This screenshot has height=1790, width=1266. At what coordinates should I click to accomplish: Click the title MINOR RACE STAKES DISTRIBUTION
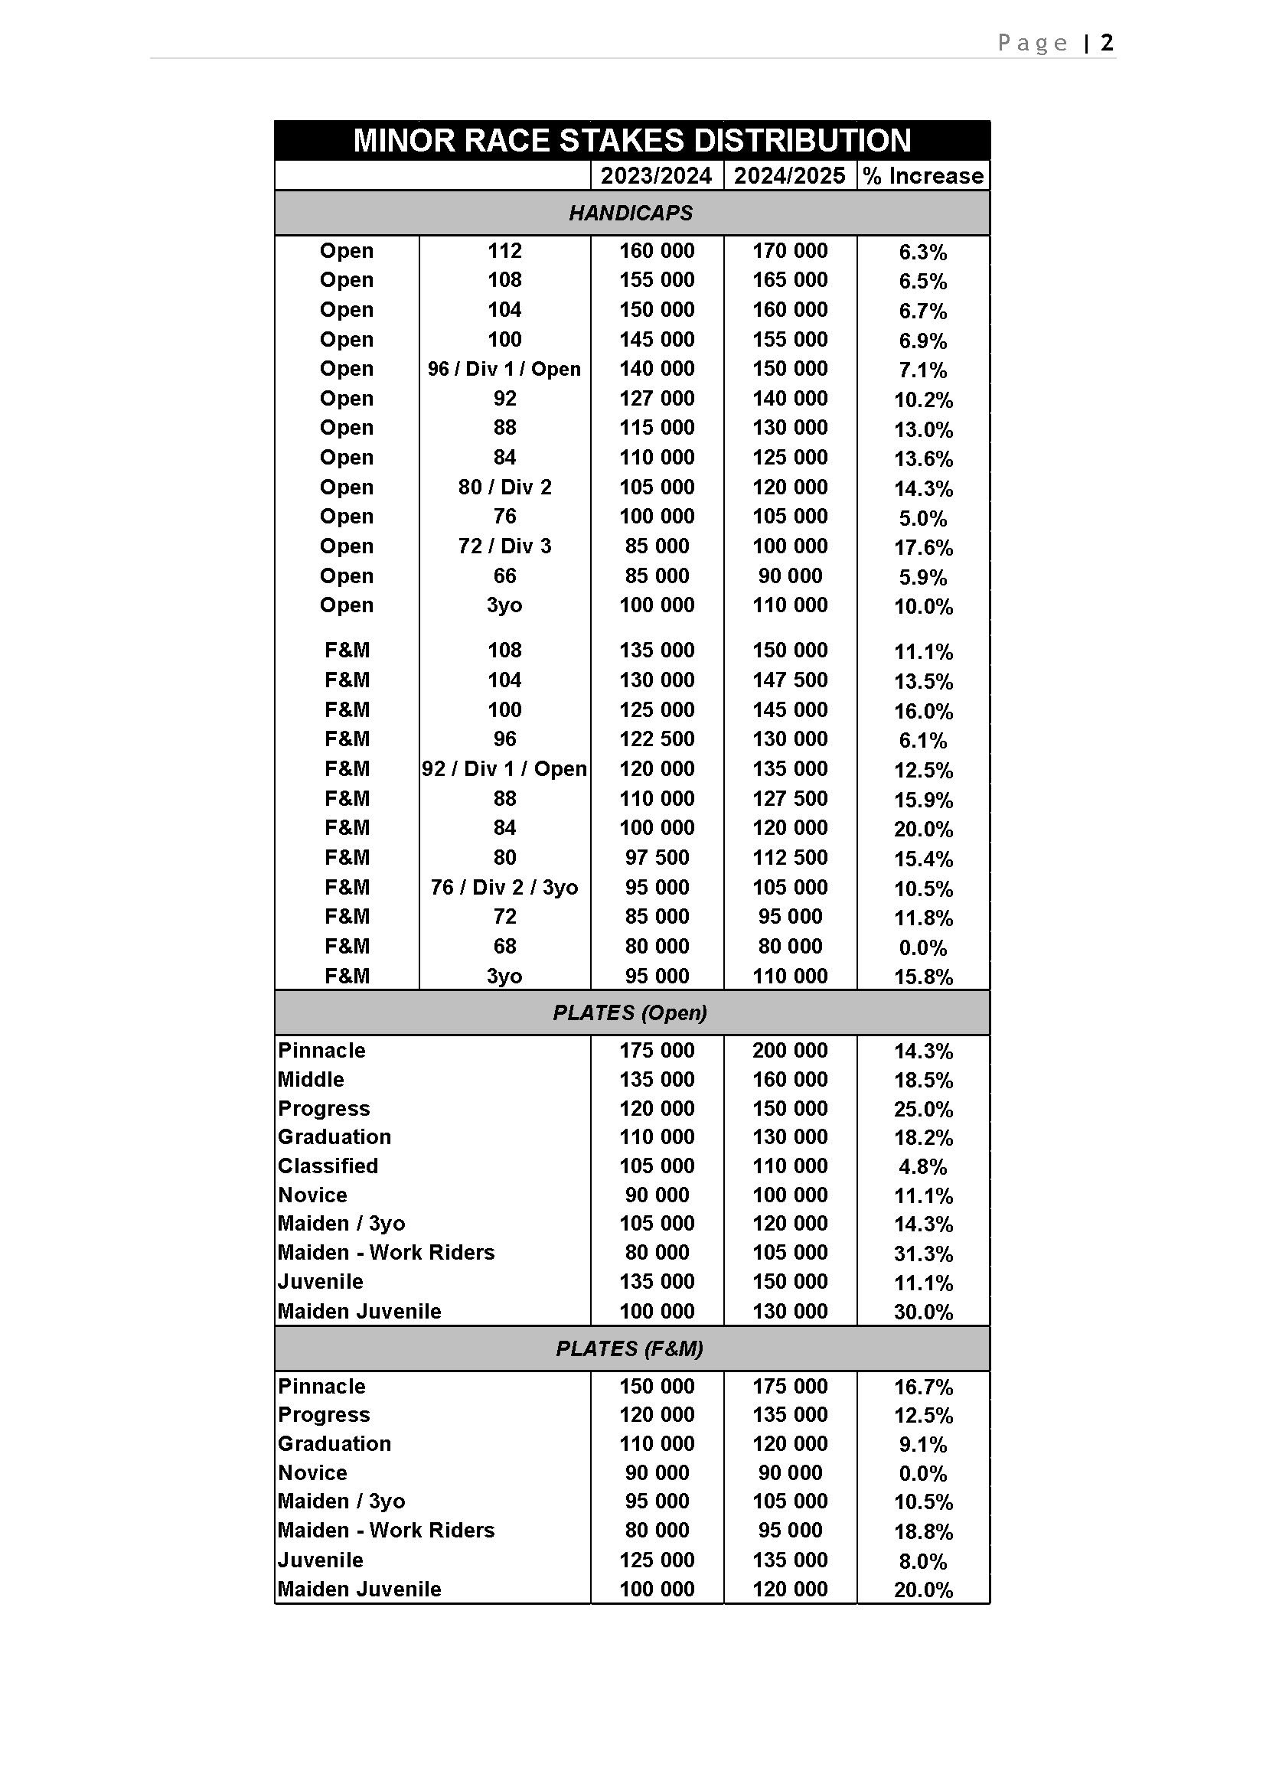tap(631, 141)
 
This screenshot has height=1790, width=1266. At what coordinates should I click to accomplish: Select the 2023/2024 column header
tap(657, 176)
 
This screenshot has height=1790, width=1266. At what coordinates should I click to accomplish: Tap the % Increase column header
tap(923, 176)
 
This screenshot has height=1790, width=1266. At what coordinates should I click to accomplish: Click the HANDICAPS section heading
tap(631, 213)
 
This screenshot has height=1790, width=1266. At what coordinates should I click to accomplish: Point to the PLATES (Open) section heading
tap(630, 1012)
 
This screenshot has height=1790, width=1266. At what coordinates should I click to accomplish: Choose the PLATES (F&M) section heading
tap(630, 1348)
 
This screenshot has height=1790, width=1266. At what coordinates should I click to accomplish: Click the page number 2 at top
tap(1107, 42)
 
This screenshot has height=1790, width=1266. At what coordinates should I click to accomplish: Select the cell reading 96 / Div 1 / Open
tap(504, 369)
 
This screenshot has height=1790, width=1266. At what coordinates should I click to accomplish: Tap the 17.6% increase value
tap(923, 547)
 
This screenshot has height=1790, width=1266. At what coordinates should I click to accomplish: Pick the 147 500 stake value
tap(790, 680)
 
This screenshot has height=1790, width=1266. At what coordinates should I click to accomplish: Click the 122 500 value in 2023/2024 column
tap(657, 739)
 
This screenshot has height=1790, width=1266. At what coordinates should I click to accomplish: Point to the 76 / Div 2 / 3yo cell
tap(504, 887)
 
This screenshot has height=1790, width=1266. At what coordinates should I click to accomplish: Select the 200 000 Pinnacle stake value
tap(790, 1050)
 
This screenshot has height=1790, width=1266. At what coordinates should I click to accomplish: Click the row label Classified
tap(328, 1166)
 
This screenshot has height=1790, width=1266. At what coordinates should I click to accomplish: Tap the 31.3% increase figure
tap(923, 1254)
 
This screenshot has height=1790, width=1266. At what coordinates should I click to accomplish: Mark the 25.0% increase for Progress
tap(923, 1110)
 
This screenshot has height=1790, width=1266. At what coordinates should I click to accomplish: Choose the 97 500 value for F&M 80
tap(657, 858)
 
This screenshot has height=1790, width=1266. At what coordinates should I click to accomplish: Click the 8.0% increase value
tap(923, 1560)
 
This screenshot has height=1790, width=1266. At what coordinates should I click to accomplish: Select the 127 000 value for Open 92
tap(657, 399)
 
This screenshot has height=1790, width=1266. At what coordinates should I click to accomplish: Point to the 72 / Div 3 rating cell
tap(504, 546)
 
